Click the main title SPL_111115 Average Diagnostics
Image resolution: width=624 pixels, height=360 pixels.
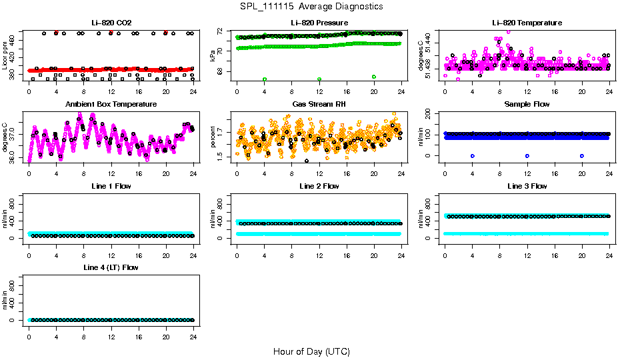(312, 6)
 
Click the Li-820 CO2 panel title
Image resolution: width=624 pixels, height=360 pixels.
(111, 23)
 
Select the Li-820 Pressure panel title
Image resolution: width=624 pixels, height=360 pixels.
(319, 23)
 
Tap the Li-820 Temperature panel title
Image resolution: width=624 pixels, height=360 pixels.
(527, 23)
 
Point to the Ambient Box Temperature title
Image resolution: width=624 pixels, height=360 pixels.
(111, 105)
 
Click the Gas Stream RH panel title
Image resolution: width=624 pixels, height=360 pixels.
(319, 105)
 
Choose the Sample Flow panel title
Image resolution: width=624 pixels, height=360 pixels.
(527, 105)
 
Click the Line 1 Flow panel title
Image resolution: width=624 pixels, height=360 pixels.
(111, 186)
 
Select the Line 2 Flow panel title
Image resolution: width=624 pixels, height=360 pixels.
(319, 186)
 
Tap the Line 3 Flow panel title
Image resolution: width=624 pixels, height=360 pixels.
(527, 186)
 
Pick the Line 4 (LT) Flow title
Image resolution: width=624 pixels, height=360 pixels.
(111, 268)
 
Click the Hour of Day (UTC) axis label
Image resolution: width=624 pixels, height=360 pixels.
(311, 351)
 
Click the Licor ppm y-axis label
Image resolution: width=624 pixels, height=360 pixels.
(5, 56)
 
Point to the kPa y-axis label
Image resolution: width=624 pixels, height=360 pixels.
(213, 56)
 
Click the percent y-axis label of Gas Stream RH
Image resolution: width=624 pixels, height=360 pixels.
(213, 137)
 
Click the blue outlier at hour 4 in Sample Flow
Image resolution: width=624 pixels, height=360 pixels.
(472, 155)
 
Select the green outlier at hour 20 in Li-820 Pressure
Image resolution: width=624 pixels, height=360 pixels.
(374, 77)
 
